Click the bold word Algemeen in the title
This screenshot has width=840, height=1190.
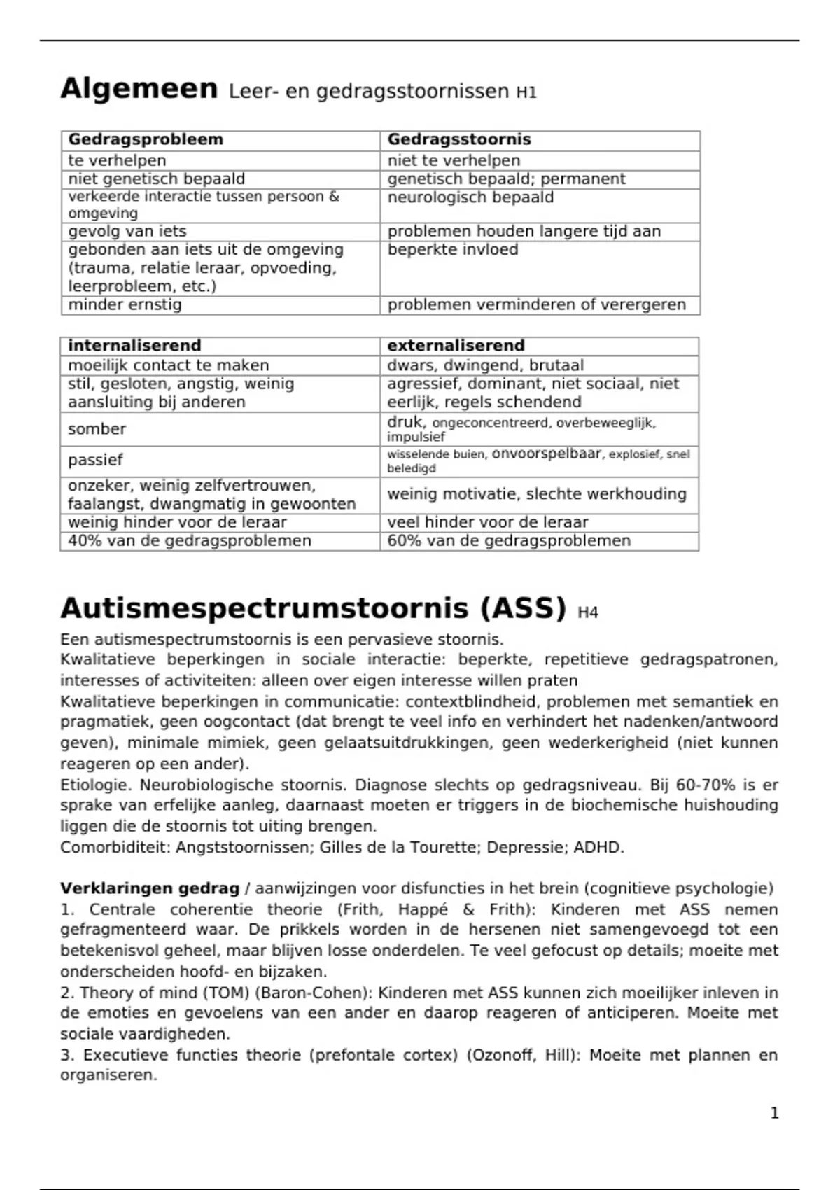(x=139, y=89)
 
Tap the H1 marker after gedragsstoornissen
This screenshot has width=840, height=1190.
(x=526, y=92)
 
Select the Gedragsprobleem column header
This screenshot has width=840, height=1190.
(x=146, y=139)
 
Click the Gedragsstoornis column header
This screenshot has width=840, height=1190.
(x=459, y=139)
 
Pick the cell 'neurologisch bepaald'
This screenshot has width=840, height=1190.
(x=470, y=197)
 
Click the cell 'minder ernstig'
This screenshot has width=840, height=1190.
(x=125, y=304)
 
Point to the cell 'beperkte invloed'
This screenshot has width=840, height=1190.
(x=453, y=250)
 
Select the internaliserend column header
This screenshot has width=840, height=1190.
(x=134, y=346)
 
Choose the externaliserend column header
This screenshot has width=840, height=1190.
(x=456, y=346)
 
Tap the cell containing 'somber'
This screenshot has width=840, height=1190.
(x=97, y=429)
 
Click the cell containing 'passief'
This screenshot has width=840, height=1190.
(x=95, y=460)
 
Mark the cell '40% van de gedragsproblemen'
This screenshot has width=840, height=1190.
(x=189, y=540)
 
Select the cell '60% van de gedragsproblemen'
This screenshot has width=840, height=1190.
(x=509, y=540)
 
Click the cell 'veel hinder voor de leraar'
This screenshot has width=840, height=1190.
(x=487, y=522)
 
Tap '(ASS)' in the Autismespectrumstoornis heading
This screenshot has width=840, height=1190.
(x=523, y=608)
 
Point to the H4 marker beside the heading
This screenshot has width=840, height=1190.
(x=588, y=613)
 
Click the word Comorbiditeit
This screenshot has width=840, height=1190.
(x=115, y=847)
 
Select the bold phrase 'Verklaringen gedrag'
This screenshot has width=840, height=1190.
(x=150, y=888)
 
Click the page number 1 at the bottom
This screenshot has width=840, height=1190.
(x=774, y=1113)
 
